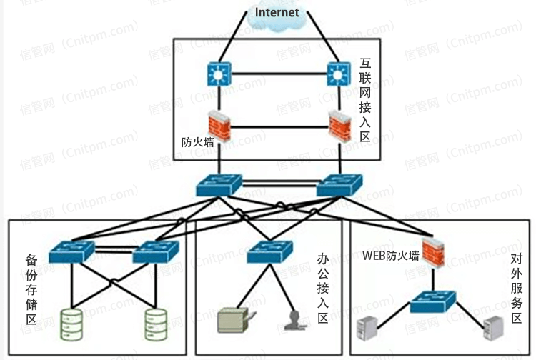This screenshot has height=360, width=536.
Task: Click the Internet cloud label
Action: click(277, 12)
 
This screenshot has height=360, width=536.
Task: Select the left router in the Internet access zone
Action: click(217, 73)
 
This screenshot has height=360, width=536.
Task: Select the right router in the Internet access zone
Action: click(337, 73)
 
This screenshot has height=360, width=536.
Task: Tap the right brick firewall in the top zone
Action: click(338, 126)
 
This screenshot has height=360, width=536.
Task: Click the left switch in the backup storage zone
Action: click(71, 251)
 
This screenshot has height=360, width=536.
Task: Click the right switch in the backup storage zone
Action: click(154, 251)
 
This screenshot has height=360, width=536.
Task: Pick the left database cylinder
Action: click(71, 324)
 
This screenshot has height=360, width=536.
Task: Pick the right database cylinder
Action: click(155, 324)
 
